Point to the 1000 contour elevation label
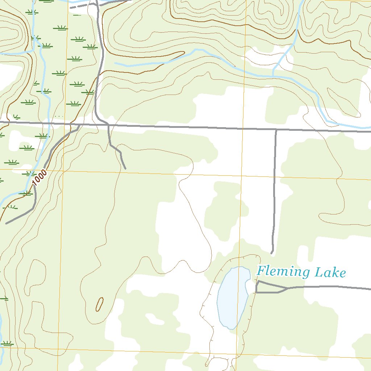pos(39,178)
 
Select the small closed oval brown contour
pos(99,304)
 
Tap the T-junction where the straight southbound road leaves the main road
pos(276,129)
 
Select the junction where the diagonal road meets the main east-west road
pos(79,125)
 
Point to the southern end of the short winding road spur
pos(125,168)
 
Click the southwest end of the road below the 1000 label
pos(6,223)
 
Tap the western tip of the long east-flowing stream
pos(115,63)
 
